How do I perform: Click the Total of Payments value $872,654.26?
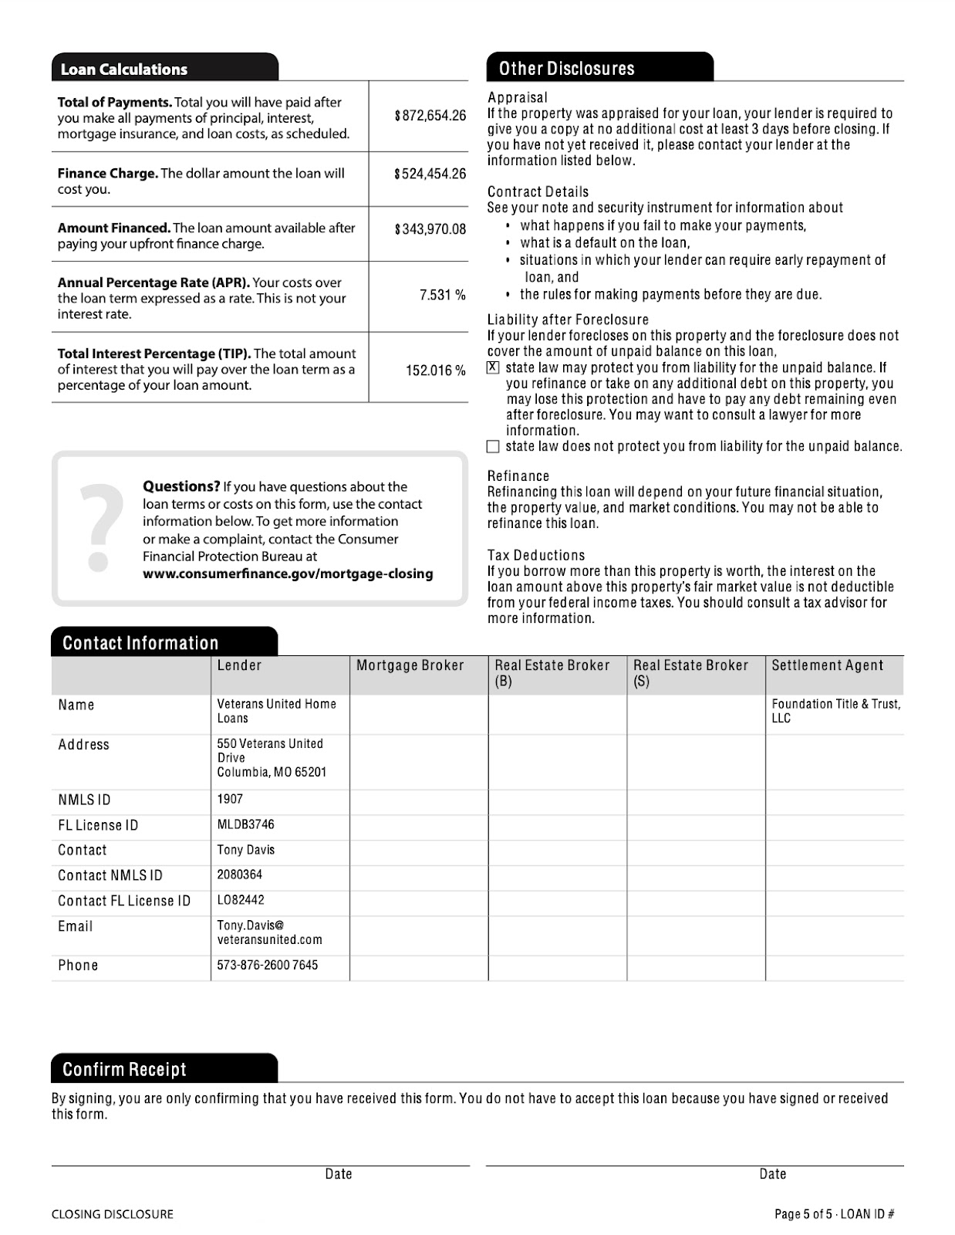click(430, 116)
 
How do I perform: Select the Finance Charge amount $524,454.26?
click(430, 174)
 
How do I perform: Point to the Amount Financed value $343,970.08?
click(430, 229)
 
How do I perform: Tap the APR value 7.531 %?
click(442, 295)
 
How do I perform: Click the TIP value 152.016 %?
click(435, 370)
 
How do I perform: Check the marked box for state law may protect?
click(494, 367)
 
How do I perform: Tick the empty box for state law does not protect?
click(494, 446)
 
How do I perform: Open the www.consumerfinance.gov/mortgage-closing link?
click(288, 574)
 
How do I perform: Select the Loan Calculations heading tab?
click(124, 69)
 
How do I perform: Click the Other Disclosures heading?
click(566, 69)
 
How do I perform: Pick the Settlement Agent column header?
click(827, 665)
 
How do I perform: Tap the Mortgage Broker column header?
click(410, 665)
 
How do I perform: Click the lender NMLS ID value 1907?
click(230, 799)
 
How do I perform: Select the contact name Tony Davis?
click(245, 850)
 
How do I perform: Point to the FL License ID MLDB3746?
click(245, 824)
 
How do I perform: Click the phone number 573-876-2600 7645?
click(267, 965)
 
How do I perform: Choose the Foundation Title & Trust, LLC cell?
click(835, 711)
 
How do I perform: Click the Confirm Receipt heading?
click(124, 1070)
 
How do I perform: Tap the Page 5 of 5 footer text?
click(834, 1214)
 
